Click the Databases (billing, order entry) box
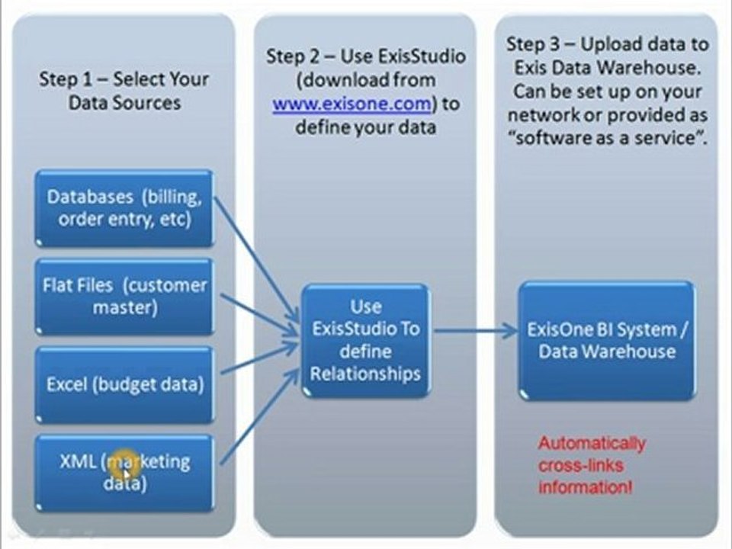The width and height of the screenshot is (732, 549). coord(124,207)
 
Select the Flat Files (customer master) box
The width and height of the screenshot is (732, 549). coord(124,296)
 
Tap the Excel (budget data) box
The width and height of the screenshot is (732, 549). coord(124,384)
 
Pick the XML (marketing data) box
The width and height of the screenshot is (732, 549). coord(124,473)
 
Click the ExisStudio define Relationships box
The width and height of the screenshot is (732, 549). coord(366,340)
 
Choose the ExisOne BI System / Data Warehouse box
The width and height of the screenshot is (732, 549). coord(607,340)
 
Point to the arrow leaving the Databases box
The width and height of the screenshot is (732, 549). coord(255,255)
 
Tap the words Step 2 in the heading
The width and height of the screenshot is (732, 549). coord(292,56)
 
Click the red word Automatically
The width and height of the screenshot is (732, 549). coord(592,443)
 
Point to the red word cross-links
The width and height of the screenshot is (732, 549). coord(580,464)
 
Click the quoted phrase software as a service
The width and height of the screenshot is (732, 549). coord(608,140)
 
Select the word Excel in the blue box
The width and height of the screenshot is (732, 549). coord(67,384)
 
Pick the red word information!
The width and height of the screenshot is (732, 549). coord(585,486)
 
